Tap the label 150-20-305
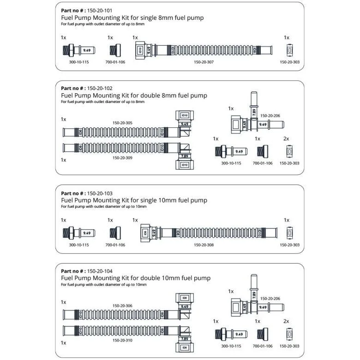122,123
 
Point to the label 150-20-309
122,157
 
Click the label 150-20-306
122,306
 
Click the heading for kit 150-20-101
132,18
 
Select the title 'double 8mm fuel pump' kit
134,95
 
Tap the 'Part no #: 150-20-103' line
87,193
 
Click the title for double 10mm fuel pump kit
136,278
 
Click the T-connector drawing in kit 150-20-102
253,118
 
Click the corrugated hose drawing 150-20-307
203,49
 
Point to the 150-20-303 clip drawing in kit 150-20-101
289,50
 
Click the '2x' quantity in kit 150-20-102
286,138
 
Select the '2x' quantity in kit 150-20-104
286,321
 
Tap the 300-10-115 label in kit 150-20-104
231,346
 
